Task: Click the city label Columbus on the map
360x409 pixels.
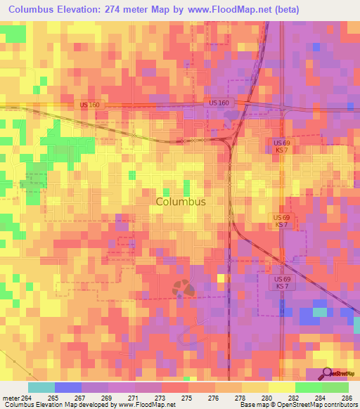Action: coord(180,201)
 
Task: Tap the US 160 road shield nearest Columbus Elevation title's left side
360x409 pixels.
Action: coord(89,104)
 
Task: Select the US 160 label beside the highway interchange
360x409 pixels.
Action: coord(219,103)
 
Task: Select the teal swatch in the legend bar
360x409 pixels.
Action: coord(41,387)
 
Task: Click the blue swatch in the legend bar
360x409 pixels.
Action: coord(67,387)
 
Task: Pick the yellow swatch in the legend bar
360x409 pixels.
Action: coord(281,387)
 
